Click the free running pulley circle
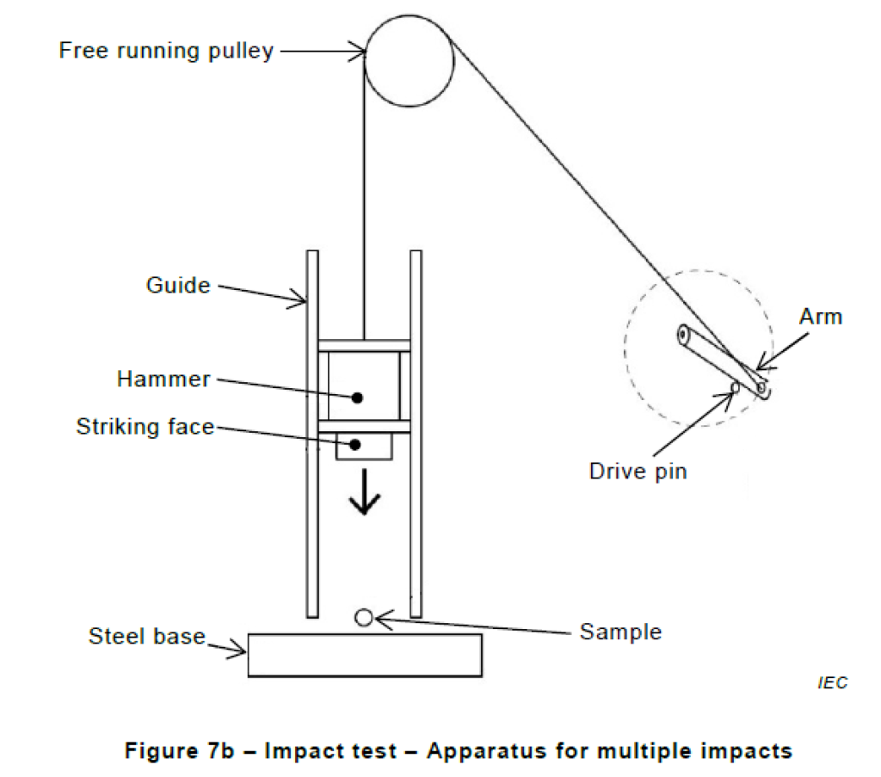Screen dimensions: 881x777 [x=365, y=61]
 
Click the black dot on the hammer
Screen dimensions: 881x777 [x=357, y=398]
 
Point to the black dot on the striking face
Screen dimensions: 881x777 [x=354, y=445]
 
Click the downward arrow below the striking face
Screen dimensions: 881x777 [x=365, y=492]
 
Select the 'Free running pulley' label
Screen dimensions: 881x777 [x=166, y=51]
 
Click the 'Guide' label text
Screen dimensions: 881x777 [x=178, y=285]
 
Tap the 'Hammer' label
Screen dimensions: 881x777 [x=163, y=379]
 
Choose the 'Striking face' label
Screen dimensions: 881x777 [x=145, y=427]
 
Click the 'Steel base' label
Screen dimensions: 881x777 [x=146, y=636]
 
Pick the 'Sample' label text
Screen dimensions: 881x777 [x=621, y=632]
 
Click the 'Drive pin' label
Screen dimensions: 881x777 [x=638, y=471]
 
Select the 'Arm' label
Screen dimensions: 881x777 [x=821, y=317]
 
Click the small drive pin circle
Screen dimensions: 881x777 [x=735, y=387]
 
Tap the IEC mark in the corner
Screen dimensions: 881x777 [x=833, y=682]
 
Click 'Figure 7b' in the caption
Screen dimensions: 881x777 [x=179, y=750]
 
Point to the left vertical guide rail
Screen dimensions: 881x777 [x=312, y=434]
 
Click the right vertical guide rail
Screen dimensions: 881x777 [x=416, y=434]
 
